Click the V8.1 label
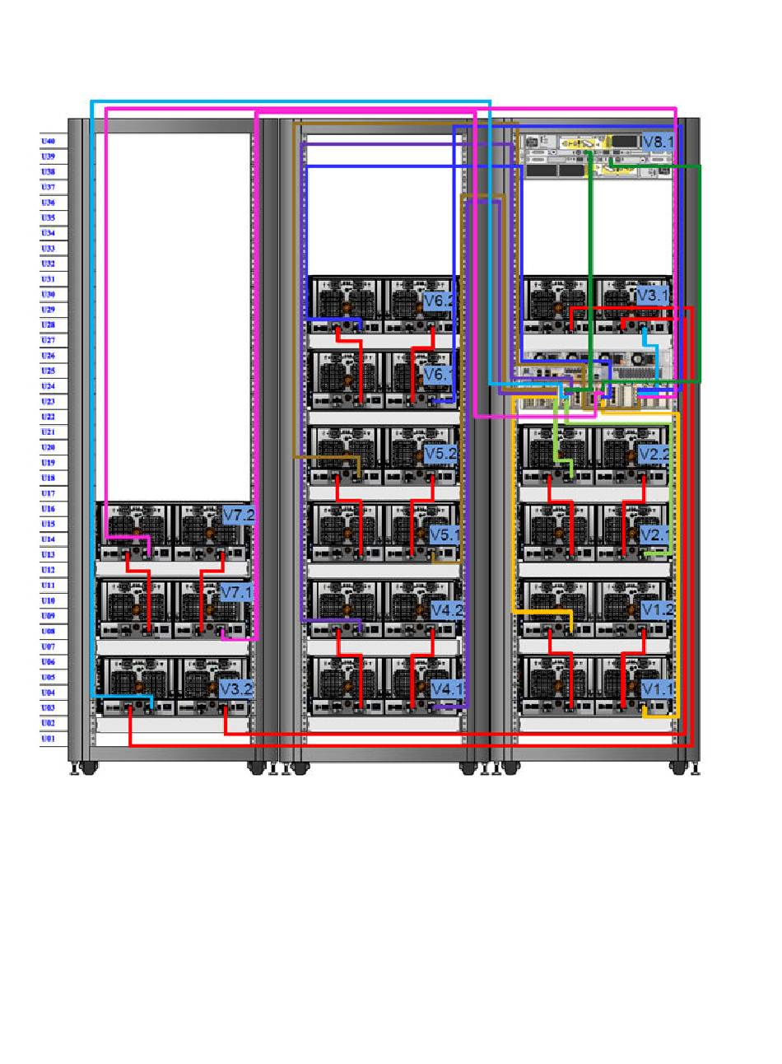click(658, 142)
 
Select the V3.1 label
click(654, 295)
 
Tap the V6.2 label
click(439, 301)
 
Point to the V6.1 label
click(439, 376)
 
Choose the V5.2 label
click(440, 454)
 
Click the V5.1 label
click(445, 534)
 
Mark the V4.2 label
click(447, 610)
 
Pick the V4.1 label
click(447, 688)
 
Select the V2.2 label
click(654, 454)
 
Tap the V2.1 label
click(655, 534)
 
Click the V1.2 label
click(657, 610)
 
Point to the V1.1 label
click(657, 688)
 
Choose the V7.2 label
click(239, 516)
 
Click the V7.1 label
click(236, 592)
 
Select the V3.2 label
click(235, 688)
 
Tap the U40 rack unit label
click(49, 142)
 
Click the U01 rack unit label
click(49, 739)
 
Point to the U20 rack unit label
click(49, 447)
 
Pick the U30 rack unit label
click(49, 294)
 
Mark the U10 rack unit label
click(49, 600)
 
